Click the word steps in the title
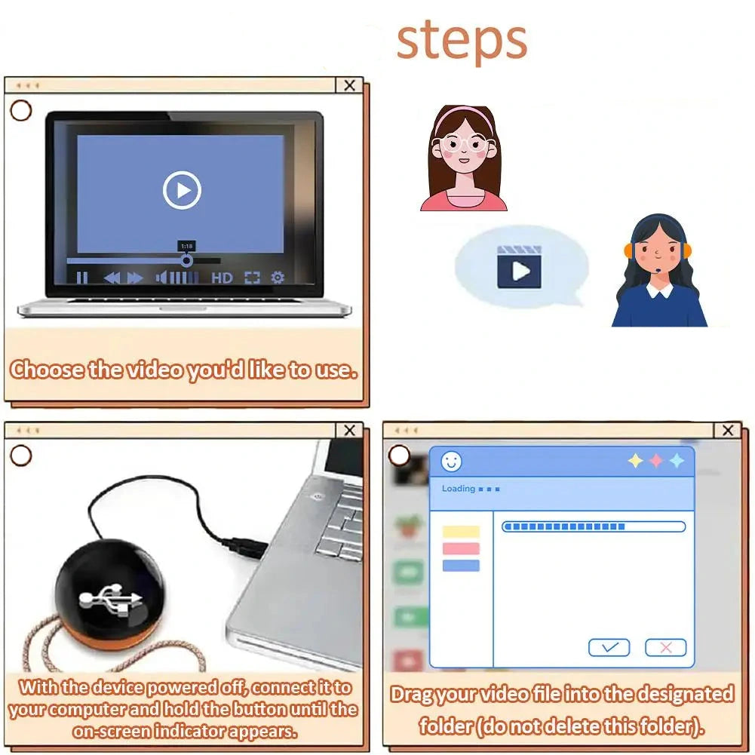click(462, 42)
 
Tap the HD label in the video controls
click(222, 278)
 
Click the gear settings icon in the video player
click(278, 278)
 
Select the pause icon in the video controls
click(82, 278)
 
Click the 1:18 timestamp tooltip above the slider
click(187, 246)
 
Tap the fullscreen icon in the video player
click(252, 278)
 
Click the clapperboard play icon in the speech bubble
click(519, 267)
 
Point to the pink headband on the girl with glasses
click(464, 115)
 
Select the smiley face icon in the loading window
click(451, 462)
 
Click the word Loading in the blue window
click(459, 489)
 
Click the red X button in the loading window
click(666, 648)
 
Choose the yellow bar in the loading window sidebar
click(461, 532)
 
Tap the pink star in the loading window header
click(656, 461)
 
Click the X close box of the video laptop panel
click(349, 85)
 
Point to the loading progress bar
click(594, 526)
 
